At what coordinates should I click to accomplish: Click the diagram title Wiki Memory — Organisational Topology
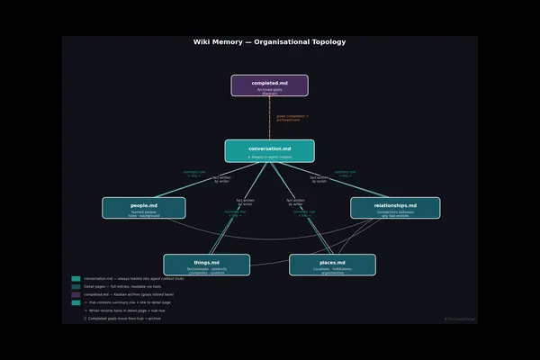269,42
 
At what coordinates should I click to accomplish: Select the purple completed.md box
269,85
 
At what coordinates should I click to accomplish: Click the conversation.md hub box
269,150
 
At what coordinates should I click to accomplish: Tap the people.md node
144,208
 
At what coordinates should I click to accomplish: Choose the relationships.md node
395,208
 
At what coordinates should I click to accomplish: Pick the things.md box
207,265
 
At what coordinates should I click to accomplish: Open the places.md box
332,265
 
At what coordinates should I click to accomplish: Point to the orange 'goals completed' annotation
289,118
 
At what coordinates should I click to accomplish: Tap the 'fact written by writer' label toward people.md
222,179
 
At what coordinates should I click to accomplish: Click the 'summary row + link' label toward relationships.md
345,173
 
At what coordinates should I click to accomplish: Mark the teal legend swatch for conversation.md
76,279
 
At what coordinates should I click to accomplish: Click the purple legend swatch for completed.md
76,294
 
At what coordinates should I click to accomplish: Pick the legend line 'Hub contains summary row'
125,302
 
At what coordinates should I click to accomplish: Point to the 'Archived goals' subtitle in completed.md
269,90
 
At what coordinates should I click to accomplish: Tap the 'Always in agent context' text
270,157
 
